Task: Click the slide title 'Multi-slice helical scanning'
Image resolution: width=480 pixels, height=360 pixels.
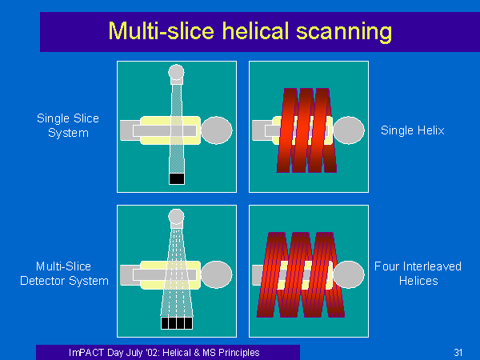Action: [x=250, y=31]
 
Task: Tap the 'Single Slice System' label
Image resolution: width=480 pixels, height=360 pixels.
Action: [x=68, y=126]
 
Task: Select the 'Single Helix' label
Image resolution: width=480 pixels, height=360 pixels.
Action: [x=412, y=130]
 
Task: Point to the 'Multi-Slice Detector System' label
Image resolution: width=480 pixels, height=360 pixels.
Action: [x=64, y=274]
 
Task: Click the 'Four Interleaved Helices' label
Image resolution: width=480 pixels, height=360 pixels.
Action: [x=418, y=274]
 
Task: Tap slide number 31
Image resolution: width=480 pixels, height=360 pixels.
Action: [x=458, y=352]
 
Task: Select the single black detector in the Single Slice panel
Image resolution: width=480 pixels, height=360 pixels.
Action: [x=177, y=178]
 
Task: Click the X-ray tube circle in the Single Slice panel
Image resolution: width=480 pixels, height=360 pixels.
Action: [x=176, y=72]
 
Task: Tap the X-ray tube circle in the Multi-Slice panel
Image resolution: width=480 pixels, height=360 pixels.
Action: [x=176, y=217]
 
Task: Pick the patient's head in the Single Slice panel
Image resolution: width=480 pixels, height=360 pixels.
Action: [x=217, y=130]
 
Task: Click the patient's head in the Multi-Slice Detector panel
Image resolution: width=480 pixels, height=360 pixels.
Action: [x=217, y=274]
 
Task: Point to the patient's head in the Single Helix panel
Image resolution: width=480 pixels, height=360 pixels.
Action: [x=349, y=130]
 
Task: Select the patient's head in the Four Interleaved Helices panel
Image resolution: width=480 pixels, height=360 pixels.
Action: [x=349, y=274]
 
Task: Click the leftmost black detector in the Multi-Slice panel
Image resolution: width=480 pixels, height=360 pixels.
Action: [x=165, y=323]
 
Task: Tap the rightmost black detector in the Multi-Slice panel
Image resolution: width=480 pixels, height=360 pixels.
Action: [x=189, y=323]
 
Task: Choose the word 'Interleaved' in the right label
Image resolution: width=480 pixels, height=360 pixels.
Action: [x=432, y=266]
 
